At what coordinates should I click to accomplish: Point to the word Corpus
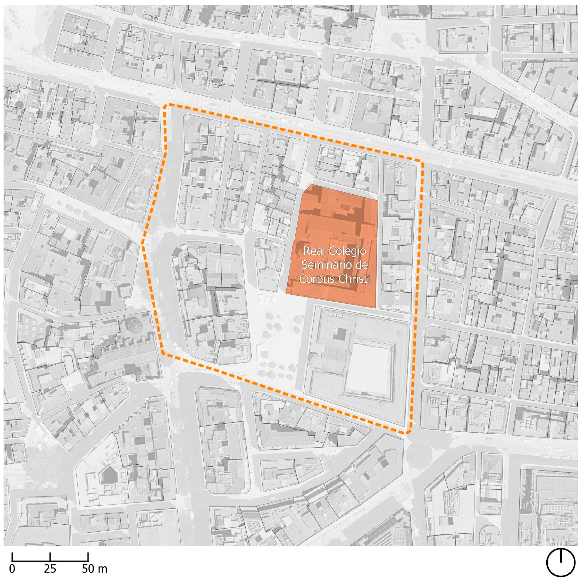316,279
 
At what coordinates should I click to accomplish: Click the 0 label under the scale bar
12,569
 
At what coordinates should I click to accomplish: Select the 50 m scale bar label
95,569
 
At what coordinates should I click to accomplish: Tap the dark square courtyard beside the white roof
340,334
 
